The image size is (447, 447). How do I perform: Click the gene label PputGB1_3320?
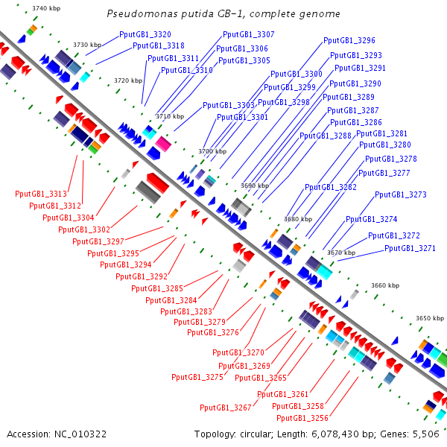pos(145,34)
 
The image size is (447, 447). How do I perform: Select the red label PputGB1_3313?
pos(41,194)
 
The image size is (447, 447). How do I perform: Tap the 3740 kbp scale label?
pos(46,8)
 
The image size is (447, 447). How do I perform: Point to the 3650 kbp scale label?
pos(430,318)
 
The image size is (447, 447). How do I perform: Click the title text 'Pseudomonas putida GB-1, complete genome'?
pos(223,13)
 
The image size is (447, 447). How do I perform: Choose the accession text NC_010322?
pos(80,434)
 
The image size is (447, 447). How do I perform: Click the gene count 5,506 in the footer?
pos(426,434)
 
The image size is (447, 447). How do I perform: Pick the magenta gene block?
pos(163,144)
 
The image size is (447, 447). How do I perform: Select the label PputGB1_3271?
pos(410,248)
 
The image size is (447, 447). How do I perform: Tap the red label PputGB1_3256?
pos(302,418)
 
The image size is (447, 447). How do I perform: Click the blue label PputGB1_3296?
pos(349,40)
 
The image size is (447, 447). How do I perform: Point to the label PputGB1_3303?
pos(229,106)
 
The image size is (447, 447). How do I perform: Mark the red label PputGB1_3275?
pos(197,377)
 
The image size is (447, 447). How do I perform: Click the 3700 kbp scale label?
pos(212,151)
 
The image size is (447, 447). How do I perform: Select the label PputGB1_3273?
pos(401,194)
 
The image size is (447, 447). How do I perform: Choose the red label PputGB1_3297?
pos(98,241)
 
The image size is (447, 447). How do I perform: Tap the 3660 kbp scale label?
pos(385,285)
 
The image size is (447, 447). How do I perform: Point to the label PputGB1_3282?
pos(331,187)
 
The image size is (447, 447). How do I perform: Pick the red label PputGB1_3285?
pos(157,288)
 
